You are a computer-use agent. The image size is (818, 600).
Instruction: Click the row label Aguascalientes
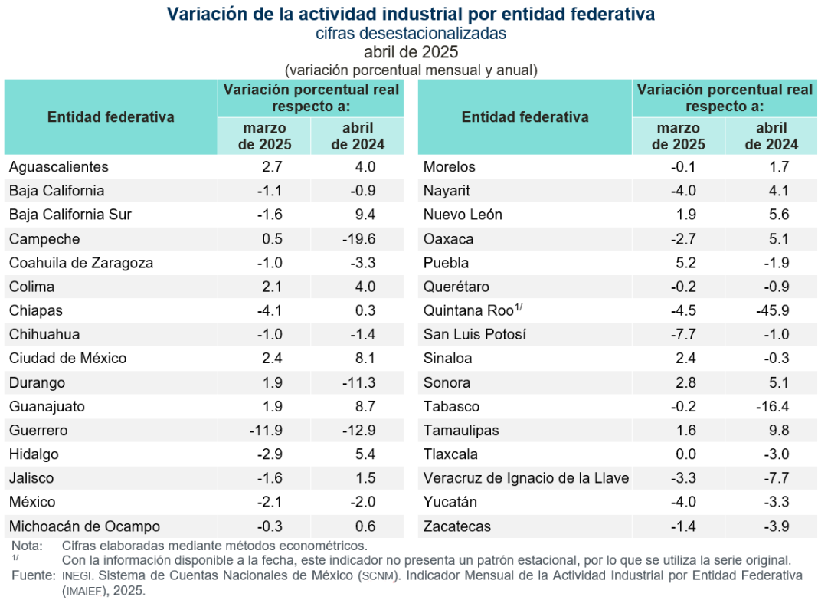click(x=59, y=167)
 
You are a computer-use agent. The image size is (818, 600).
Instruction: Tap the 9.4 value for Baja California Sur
click(x=365, y=215)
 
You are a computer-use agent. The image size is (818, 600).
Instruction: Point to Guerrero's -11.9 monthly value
click(x=267, y=430)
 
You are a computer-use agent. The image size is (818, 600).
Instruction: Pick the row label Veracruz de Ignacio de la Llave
click(x=526, y=479)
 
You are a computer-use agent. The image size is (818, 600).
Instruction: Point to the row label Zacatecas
click(x=457, y=526)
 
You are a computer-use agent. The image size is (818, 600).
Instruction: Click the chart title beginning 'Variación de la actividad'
click(x=411, y=15)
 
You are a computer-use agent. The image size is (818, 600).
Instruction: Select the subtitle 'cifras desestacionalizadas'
click(x=411, y=34)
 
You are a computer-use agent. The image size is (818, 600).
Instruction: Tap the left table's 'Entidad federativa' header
click(x=111, y=116)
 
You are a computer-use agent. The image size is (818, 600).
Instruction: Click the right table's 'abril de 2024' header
click(x=771, y=136)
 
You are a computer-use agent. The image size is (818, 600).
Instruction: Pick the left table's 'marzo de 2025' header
click(x=265, y=136)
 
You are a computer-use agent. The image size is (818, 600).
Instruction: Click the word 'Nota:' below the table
click(x=27, y=546)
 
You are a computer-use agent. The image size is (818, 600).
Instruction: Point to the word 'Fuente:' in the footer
click(x=32, y=575)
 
